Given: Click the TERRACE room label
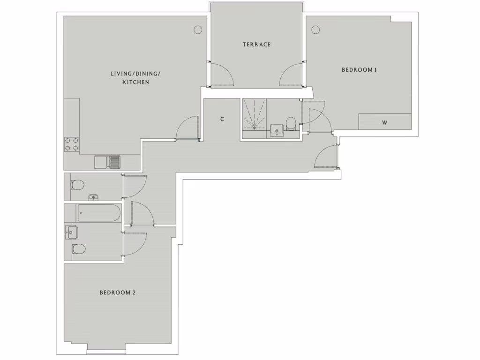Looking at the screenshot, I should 256,45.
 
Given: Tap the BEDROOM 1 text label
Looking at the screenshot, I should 360,70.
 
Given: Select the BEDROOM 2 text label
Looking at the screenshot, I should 117,292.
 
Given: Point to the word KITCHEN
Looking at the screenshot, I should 135,82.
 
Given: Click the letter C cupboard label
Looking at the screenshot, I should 222,120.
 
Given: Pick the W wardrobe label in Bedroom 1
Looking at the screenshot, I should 384,123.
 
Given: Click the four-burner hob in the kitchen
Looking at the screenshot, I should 72,144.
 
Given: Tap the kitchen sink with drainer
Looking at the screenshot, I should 107,162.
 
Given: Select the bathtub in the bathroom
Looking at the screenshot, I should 99,213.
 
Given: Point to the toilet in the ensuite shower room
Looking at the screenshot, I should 291,123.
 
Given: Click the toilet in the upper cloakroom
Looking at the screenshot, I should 77,184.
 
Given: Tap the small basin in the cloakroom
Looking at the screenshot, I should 93,197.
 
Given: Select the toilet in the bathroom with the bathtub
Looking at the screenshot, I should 78,248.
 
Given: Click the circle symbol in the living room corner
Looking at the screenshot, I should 198,30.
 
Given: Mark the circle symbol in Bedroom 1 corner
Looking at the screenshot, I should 315,30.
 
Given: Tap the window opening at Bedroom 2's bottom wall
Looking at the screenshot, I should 105,351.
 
